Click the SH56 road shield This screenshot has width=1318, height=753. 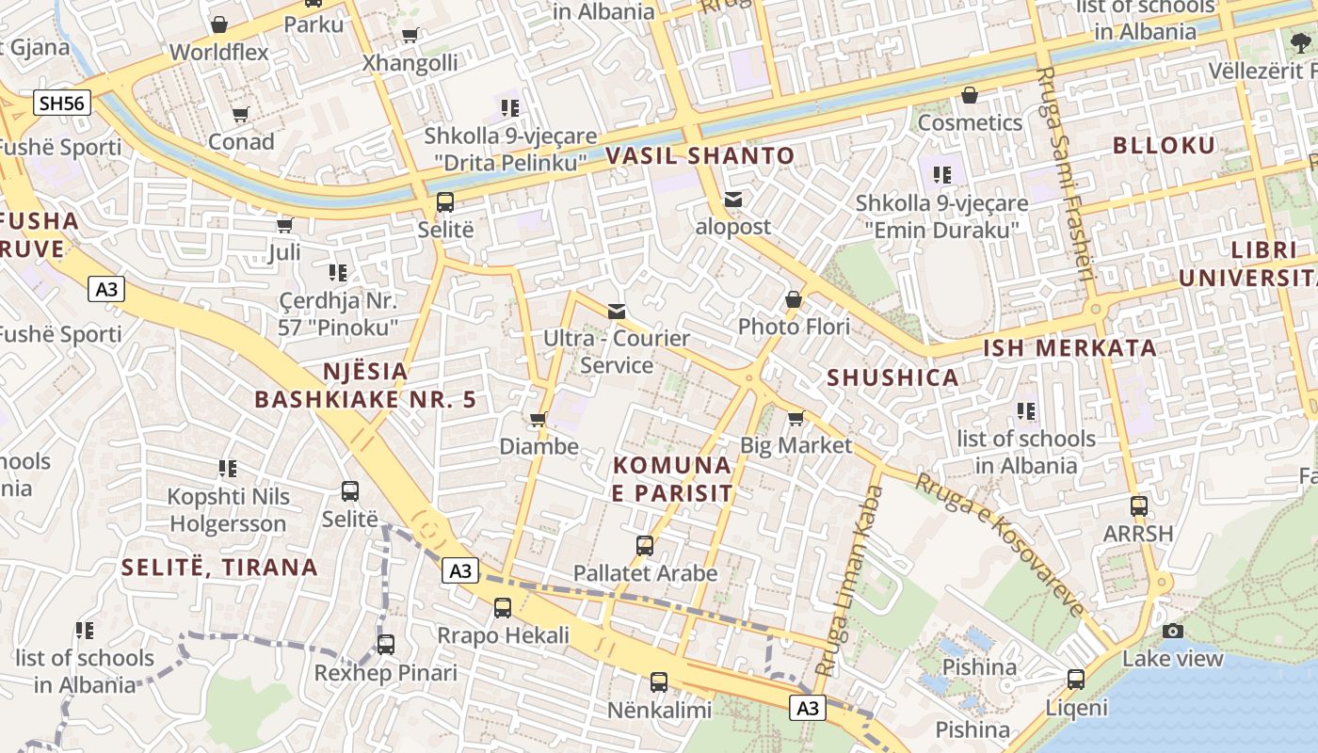(x=62, y=103)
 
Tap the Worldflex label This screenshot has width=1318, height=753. (x=219, y=52)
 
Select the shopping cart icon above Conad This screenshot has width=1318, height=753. (x=240, y=115)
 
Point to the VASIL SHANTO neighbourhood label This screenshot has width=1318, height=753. (x=699, y=155)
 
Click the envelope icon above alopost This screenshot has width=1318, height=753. (x=733, y=200)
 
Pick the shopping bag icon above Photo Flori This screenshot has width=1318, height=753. (x=794, y=299)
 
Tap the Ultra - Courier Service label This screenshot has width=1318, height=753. (x=617, y=351)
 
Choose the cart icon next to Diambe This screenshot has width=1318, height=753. (x=538, y=419)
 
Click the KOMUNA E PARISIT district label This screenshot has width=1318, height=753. (x=672, y=478)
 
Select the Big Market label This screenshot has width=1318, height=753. (x=796, y=444)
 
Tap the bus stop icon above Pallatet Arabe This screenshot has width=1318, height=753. (x=645, y=545)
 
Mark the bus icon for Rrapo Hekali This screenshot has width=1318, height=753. (x=503, y=607)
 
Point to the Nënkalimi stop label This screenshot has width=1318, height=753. (x=659, y=710)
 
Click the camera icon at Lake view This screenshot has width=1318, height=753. (x=1172, y=631)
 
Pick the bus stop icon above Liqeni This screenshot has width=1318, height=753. (x=1076, y=679)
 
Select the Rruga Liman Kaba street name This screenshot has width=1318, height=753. (x=849, y=579)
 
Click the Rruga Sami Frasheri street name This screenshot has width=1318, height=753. (x=1064, y=174)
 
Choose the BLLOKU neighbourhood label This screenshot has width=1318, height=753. (x=1164, y=145)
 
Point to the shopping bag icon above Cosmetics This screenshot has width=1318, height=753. (x=970, y=95)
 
